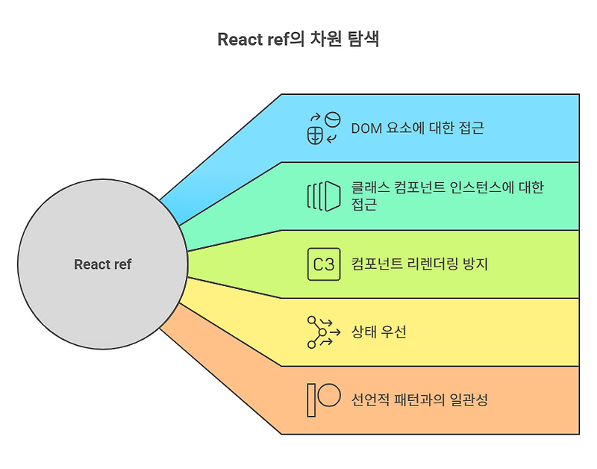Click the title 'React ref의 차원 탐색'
(x=298, y=40)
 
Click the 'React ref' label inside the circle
(x=103, y=264)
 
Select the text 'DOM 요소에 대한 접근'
(x=417, y=128)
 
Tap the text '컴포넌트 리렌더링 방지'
(x=419, y=264)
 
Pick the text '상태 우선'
(x=379, y=332)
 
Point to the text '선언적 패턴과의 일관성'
(x=419, y=400)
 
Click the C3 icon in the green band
(x=323, y=264)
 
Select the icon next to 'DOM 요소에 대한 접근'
(x=323, y=128)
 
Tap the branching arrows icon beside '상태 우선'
(x=323, y=332)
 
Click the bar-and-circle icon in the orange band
(x=323, y=400)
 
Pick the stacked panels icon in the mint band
(x=323, y=196)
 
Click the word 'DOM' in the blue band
(x=366, y=128)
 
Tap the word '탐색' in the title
(x=365, y=40)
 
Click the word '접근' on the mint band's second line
(x=364, y=203)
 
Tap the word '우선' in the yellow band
(x=393, y=332)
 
